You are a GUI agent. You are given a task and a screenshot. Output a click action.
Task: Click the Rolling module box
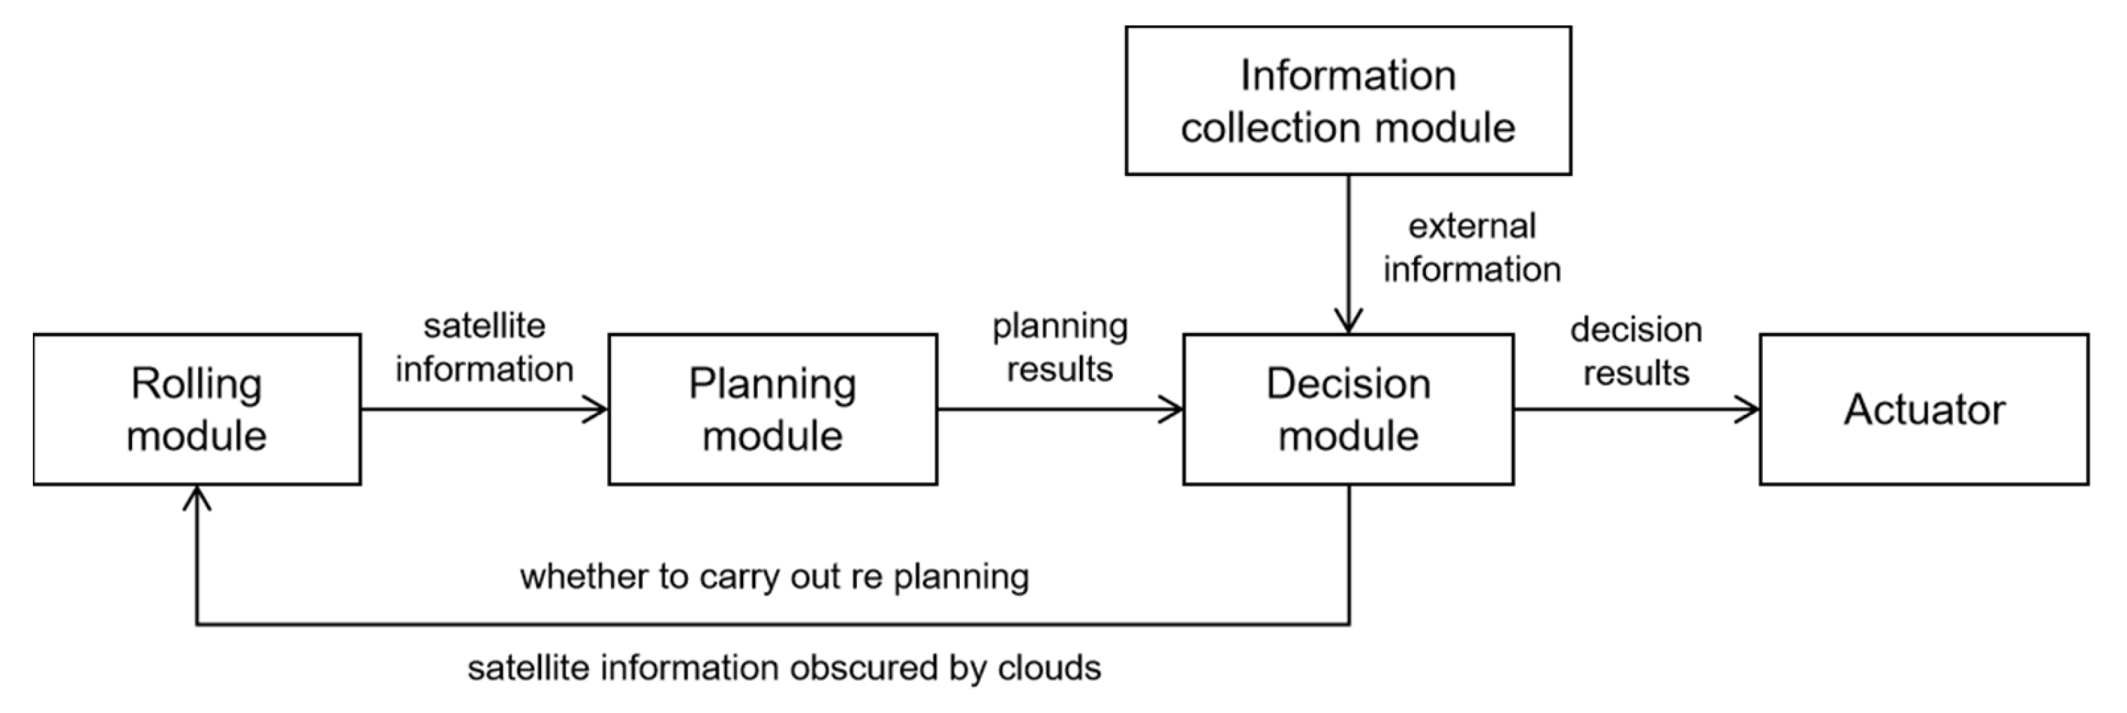pos(196,409)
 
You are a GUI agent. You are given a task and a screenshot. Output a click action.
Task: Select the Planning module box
pos(772,409)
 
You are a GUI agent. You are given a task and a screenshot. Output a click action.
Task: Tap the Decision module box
pos(1347,409)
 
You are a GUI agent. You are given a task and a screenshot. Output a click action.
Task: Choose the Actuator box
pos(1924,409)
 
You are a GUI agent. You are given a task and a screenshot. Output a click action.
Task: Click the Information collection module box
pos(1347,101)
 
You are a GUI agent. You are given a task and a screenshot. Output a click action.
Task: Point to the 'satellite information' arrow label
pos(484,348)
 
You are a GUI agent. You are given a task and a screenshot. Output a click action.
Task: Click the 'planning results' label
pos(1060,348)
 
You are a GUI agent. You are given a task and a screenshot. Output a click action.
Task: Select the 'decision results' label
pos(1636,351)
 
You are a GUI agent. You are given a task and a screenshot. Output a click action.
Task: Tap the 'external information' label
pos(1472,247)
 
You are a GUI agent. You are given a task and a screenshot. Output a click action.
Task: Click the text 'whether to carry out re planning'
pos(775,576)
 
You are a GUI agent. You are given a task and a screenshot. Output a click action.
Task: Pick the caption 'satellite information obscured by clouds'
pos(784,667)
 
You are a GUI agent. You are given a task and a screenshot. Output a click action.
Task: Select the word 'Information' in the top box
pos(1347,75)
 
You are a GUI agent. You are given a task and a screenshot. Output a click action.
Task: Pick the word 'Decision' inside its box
pos(1347,383)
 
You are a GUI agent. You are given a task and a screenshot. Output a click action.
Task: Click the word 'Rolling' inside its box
pos(196,383)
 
